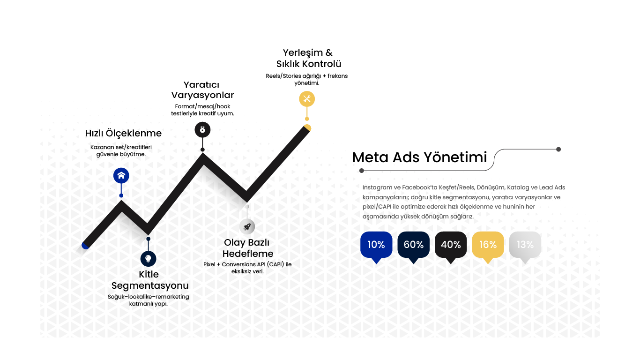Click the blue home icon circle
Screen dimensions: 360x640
[x=121, y=175]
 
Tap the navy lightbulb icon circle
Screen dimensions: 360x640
[x=149, y=258]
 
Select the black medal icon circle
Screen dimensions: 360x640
[x=202, y=130]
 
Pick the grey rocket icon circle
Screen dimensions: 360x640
[x=247, y=226]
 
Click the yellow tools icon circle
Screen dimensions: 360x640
[x=307, y=99]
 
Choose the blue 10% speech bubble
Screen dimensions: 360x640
[x=376, y=245]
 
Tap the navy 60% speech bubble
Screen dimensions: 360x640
[x=413, y=245]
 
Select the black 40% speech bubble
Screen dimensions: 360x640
[x=451, y=245]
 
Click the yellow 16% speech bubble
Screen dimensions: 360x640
[x=488, y=245]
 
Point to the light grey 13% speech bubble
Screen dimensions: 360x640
[x=525, y=245]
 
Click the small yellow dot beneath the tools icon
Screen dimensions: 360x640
[x=307, y=119]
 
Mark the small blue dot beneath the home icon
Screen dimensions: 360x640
[x=121, y=195]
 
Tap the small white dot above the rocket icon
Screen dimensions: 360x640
[x=247, y=207]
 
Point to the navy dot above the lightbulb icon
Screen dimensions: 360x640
[x=149, y=239]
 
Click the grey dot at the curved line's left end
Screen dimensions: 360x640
[x=362, y=171]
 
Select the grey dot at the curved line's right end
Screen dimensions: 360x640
[x=558, y=149]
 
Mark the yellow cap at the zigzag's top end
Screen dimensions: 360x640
[x=308, y=127]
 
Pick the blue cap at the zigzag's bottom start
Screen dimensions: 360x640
[x=85, y=246]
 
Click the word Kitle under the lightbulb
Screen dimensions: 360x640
[x=149, y=274]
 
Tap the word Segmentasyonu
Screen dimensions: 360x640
[x=150, y=285]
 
